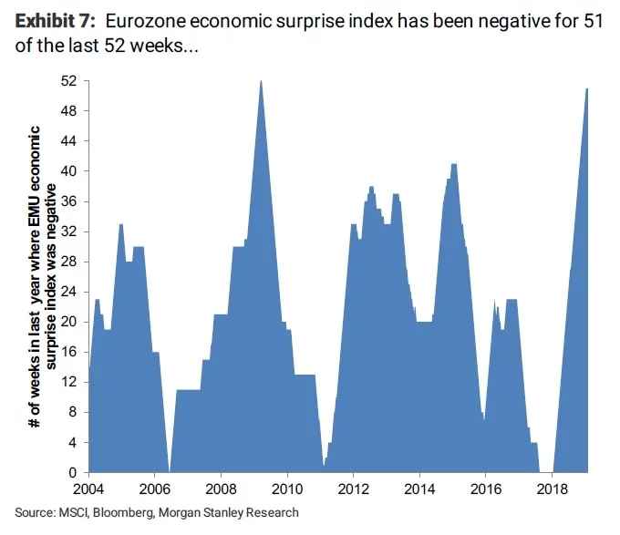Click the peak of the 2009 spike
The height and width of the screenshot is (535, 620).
(261, 81)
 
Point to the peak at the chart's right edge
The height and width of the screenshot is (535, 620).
(587, 88)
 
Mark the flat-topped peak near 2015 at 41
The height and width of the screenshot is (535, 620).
(453, 164)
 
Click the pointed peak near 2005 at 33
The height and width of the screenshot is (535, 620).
(120, 224)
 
